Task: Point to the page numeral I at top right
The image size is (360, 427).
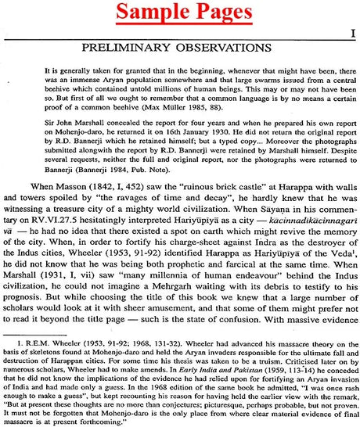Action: (353, 33)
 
